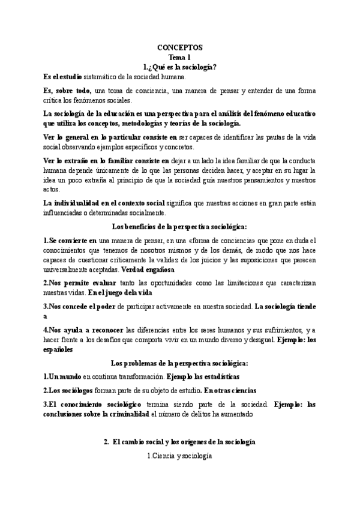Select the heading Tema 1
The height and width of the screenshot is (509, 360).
point(180,57)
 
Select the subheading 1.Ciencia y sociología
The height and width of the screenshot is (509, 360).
point(180,456)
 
